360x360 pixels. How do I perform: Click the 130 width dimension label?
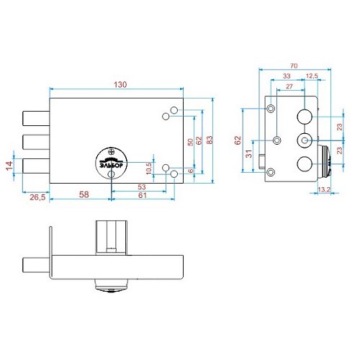pyautogui.click(x=120, y=85)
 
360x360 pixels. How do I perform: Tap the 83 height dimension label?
pyautogui.click(x=210, y=140)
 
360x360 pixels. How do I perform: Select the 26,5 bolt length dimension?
pyautogui.click(x=37, y=197)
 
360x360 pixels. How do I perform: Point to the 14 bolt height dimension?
pyautogui.click(x=9, y=166)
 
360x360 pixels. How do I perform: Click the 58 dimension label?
pyautogui.click(x=84, y=194)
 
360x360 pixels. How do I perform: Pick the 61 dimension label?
pyautogui.click(x=143, y=195)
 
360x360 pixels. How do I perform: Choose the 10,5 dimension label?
pyautogui.click(x=149, y=168)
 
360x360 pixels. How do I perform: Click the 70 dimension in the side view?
pyautogui.click(x=294, y=66)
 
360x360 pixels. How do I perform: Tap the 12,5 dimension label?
pyautogui.click(x=312, y=76)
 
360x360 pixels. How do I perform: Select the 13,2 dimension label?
pyautogui.click(x=324, y=189)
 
